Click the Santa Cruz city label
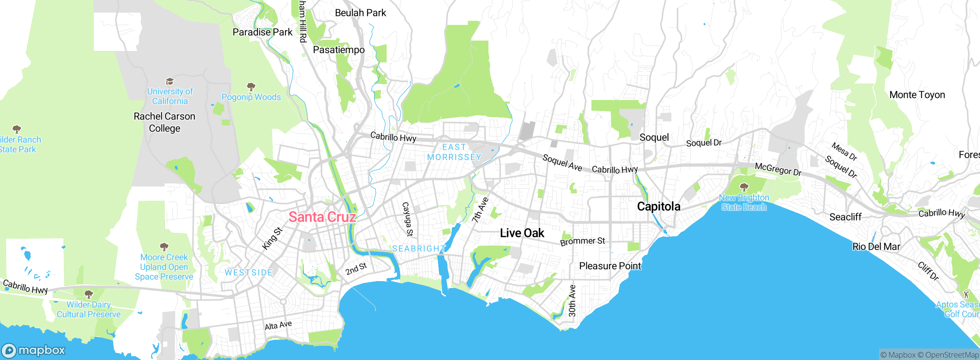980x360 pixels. pyautogui.click(x=322, y=217)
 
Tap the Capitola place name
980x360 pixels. pyautogui.click(x=658, y=206)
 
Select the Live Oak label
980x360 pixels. pyautogui.click(x=522, y=233)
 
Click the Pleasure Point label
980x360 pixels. pyautogui.click(x=610, y=266)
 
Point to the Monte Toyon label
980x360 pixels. pyautogui.click(x=917, y=95)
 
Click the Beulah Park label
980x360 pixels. pyautogui.click(x=360, y=13)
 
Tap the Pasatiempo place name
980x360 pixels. pyautogui.click(x=339, y=50)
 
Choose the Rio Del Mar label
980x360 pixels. pyautogui.click(x=876, y=247)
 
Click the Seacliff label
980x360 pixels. pyautogui.click(x=845, y=217)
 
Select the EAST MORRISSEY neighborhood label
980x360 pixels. pyautogui.click(x=454, y=152)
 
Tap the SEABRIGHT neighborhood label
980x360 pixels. pyautogui.click(x=419, y=249)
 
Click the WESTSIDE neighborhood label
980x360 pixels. pyautogui.click(x=248, y=273)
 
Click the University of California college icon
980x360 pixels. pyautogui.click(x=170, y=81)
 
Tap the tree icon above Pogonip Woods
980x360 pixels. pyautogui.click(x=251, y=87)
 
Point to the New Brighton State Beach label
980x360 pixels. pyautogui.click(x=744, y=203)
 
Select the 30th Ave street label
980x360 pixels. pyautogui.click(x=572, y=301)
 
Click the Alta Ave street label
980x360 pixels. pyautogui.click(x=278, y=326)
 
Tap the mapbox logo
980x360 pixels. pyautogui.click(x=34, y=350)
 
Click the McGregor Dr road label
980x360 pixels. pyautogui.click(x=778, y=169)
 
